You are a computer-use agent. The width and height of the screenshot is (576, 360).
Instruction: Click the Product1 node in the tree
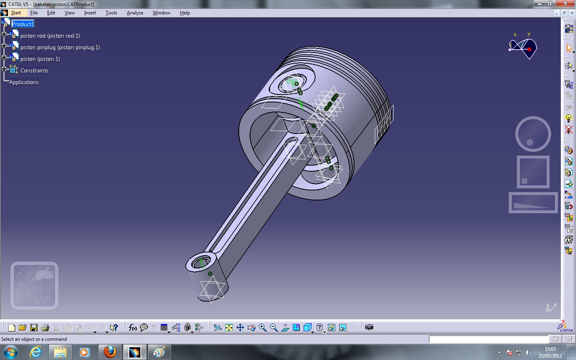(23, 24)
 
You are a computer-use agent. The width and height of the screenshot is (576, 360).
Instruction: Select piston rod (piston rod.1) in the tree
(50, 36)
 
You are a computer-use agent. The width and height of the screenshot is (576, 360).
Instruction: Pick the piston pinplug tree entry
(60, 47)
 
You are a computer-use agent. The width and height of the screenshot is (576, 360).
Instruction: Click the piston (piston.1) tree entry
(40, 59)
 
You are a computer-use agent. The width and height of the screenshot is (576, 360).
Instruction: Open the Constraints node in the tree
(34, 70)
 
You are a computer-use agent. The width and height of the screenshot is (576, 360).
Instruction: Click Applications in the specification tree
(24, 82)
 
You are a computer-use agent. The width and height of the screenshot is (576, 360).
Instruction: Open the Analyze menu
(135, 13)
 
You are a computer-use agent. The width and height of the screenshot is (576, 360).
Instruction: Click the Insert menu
(90, 13)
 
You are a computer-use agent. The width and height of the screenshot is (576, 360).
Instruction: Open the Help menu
(184, 13)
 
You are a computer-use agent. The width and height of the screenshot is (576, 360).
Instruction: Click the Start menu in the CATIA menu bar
(16, 13)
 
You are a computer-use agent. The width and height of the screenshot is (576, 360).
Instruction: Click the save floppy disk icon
(34, 328)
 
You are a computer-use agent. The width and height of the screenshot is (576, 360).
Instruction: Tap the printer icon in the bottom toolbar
(45, 328)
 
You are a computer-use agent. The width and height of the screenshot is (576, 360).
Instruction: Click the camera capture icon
(369, 327)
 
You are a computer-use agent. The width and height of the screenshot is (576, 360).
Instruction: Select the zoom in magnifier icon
(263, 328)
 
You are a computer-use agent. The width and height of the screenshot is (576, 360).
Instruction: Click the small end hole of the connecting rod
(200, 263)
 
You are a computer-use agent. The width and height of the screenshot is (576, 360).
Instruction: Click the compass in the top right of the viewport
(523, 47)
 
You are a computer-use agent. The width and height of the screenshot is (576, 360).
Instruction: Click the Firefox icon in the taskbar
(110, 352)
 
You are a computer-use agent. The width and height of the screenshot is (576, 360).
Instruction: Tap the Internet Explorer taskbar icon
(36, 352)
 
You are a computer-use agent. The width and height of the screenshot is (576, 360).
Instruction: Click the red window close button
(565, 4)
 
